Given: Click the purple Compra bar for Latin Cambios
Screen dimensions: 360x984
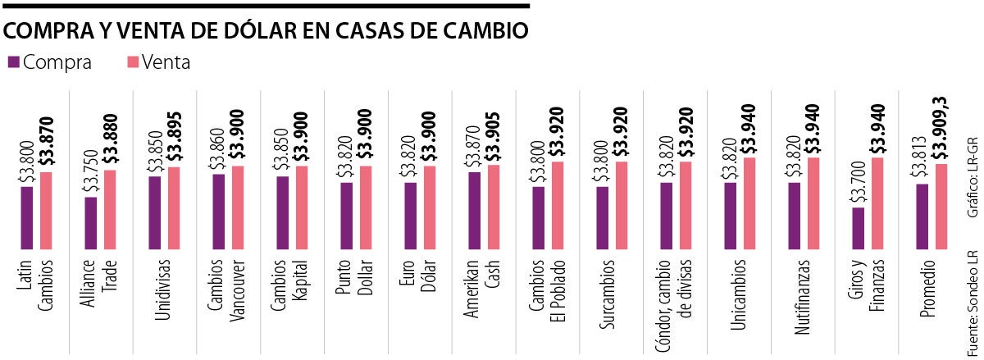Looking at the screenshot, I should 27,217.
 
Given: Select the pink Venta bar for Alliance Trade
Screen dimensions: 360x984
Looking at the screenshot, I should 111,209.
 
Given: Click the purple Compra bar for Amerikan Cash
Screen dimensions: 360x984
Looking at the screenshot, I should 475,210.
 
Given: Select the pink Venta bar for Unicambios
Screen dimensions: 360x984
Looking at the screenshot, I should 750,203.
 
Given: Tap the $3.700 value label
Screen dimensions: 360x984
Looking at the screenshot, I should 858,181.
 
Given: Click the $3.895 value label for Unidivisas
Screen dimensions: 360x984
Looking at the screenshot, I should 174,137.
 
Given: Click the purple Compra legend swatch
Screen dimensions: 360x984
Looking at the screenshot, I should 14,62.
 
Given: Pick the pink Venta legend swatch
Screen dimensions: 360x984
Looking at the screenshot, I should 132,62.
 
